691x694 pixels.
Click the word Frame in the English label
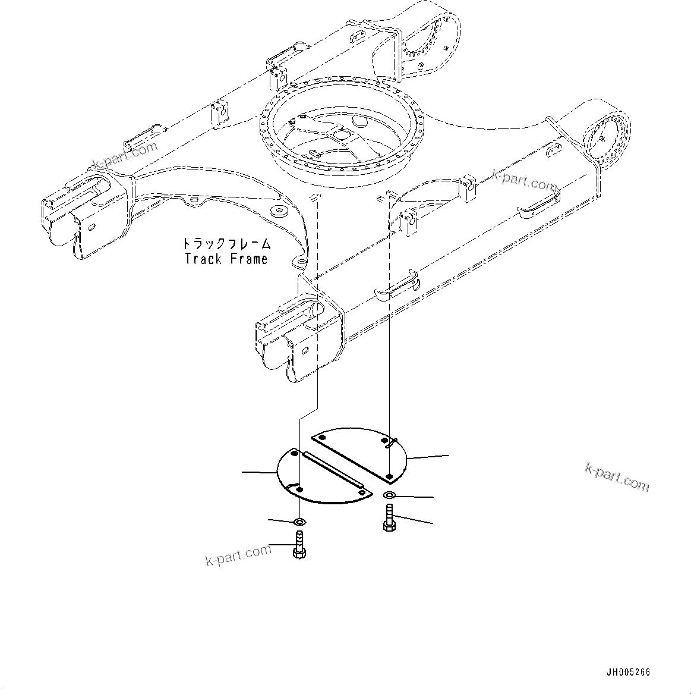coord(247,259)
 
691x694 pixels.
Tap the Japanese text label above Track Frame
coord(226,244)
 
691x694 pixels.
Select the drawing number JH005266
coord(628,673)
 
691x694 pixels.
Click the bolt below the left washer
coord(299,545)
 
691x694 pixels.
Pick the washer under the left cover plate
coord(300,522)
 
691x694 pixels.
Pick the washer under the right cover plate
coord(389,495)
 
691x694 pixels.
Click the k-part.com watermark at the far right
coord(617,476)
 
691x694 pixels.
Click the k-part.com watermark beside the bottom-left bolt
coord(238,555)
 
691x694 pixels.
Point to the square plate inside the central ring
coord(342,136)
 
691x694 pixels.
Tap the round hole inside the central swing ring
coord(360,121)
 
